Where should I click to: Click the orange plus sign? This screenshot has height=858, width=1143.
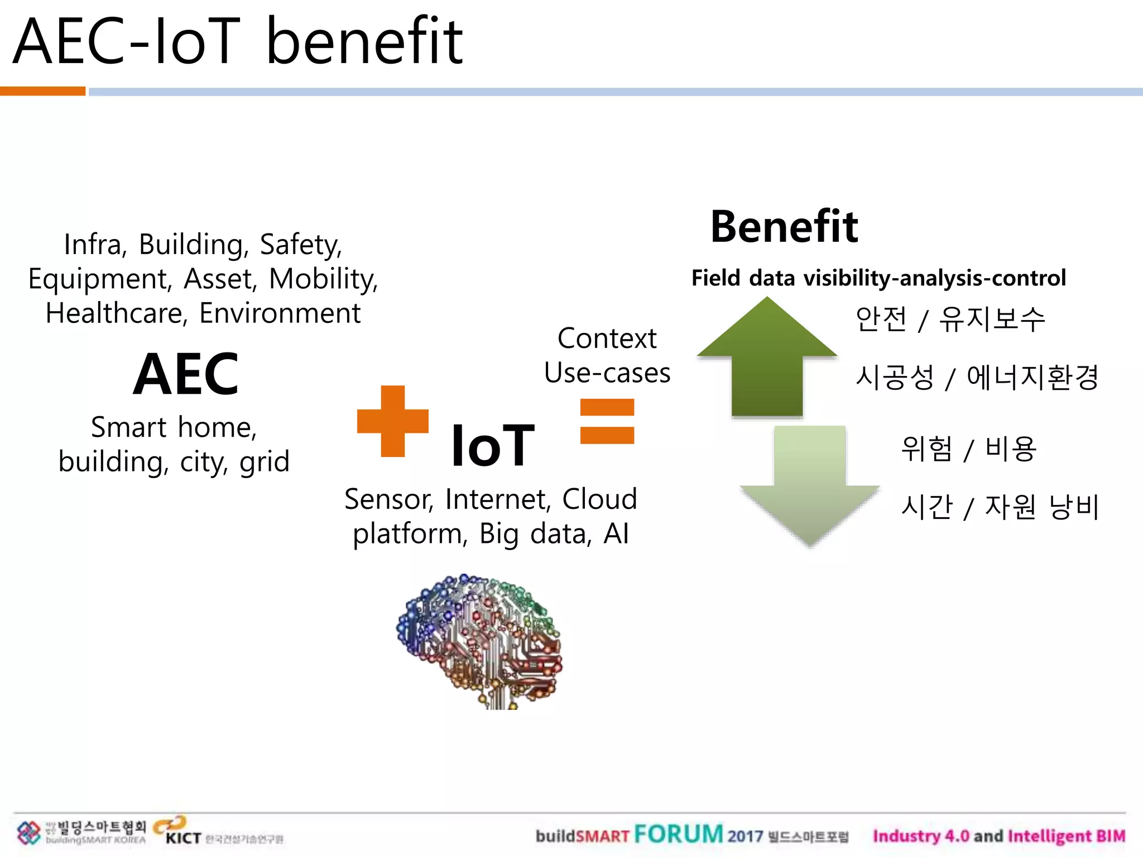[393, 421]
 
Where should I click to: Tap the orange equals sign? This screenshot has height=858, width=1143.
[607, 421]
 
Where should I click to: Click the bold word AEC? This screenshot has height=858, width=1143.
[186, 374]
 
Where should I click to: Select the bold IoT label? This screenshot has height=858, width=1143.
[492, 445]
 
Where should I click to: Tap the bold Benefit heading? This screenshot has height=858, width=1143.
[784, 227]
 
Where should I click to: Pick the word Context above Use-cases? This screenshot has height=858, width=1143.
[607, 339]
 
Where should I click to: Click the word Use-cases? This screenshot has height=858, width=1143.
[607, 373]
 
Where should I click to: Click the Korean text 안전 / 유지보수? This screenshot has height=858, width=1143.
[950, 320]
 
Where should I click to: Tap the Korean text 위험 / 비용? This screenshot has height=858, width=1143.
[968, 449]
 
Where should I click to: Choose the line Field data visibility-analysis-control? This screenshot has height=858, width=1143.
[878, 278]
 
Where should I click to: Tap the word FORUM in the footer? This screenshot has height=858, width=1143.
[678, 835]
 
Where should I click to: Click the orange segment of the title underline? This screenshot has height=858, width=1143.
[42, 91]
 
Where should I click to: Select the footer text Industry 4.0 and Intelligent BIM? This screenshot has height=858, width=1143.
[999, 836]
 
